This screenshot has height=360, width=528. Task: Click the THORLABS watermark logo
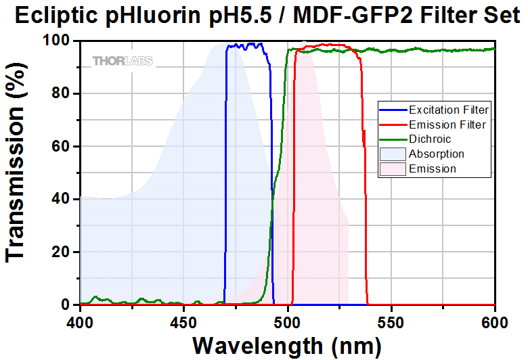click(123, 61)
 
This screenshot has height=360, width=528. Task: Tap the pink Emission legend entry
click(433, 168)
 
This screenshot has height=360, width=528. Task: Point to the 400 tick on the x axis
click(80, 319)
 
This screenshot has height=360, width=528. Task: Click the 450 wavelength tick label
click(183, 319)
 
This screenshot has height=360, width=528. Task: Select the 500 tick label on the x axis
click(288, 319)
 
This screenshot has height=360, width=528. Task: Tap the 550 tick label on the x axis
click(391, 319)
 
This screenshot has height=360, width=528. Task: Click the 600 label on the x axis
click(495, 319)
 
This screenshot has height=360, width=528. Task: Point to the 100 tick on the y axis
click(56, 41)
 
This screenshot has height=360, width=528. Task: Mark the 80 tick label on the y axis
click(61, 94)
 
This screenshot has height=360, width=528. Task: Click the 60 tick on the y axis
click(61, 147)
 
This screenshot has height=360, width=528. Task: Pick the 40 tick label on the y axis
click(61, 200)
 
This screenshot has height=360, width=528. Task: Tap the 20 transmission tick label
click(61, 252)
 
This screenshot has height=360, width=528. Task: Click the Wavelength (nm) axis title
click(287, 344)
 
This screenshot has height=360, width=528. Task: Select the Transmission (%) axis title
click(17, 173)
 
